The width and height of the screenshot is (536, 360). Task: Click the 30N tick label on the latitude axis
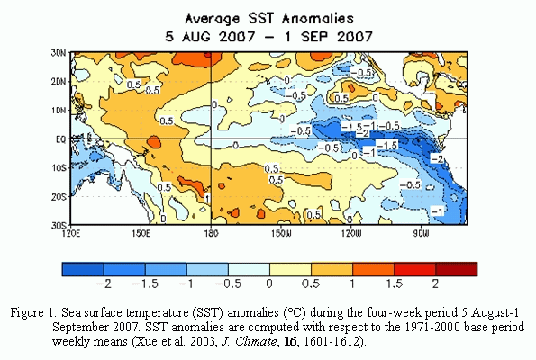click(59, 53)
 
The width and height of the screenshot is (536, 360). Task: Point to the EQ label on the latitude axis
click(61, 139)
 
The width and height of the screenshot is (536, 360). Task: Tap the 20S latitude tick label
click(59, 197)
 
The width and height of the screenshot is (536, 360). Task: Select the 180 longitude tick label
click(211, 234)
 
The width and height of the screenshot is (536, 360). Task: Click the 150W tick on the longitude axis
click(281, 234)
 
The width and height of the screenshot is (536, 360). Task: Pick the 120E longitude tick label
click(71, 234)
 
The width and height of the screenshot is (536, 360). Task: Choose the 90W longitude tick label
click(421, 234)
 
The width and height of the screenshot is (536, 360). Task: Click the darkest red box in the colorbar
click(457, 269)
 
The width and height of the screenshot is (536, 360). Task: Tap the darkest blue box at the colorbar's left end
click(83, 269)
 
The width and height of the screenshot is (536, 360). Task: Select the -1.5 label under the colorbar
click(145, 283)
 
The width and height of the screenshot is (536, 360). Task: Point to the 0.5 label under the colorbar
click(311, 283)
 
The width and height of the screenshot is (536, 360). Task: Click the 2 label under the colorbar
click(435, 283)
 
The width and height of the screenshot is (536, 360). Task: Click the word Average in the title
click(212, 19)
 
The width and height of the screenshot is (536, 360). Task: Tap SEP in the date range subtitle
click(315, 36)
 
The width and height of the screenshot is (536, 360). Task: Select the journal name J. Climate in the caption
click(250, 341)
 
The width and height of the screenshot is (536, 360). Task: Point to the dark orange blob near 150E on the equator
click(154, 141)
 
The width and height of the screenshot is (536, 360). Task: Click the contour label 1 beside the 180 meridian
click(207, 198)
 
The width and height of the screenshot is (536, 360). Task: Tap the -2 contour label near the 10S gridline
click(437, 158)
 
